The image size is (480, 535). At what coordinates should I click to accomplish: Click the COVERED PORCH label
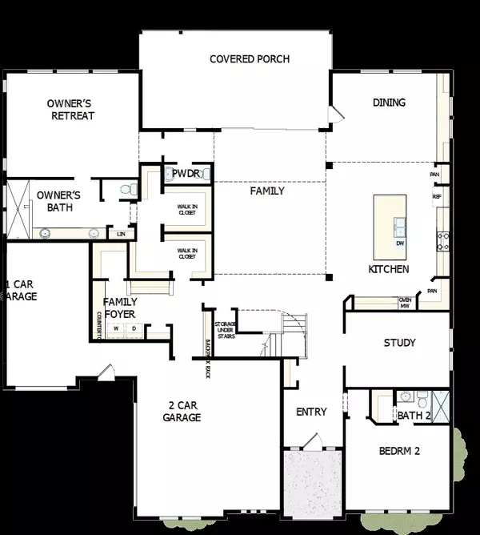coord(249,59)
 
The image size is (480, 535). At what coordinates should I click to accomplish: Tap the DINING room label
coord(389,103)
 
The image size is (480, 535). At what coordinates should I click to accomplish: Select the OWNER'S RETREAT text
coord(70,110)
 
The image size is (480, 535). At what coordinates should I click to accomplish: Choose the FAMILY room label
coord(267,191)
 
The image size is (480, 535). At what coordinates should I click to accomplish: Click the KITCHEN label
coord(389,269)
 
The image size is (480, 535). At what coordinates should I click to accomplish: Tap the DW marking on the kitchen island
coord(399,243)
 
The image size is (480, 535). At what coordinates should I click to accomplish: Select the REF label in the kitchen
coord(437,196)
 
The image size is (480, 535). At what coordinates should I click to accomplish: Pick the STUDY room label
coord(399,343)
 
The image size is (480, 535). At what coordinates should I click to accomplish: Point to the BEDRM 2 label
coord(399,451)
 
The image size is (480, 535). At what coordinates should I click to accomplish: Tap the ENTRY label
coord(311,412)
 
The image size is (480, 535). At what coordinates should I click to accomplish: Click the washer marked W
coord(116,328)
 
